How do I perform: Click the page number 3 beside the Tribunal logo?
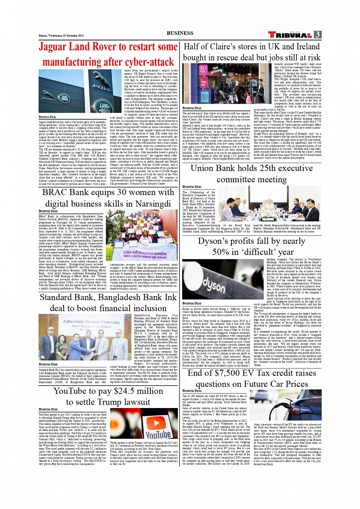tap(318, 35)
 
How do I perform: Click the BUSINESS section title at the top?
tap(180, 33)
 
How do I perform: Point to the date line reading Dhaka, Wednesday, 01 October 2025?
tap(61, 35)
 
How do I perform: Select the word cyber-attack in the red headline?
tap(145, 62)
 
